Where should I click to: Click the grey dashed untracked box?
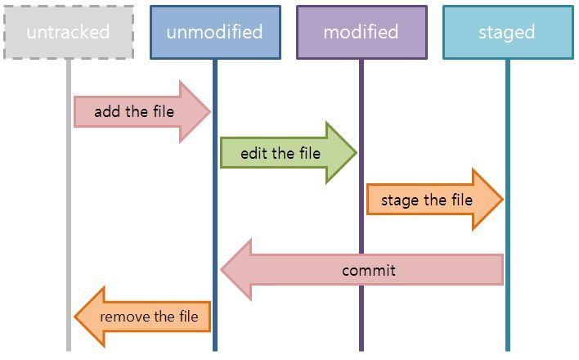68,33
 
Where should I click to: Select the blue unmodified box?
214,33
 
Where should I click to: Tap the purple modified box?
361,33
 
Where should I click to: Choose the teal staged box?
507,33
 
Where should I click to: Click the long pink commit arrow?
368,270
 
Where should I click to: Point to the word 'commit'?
369,270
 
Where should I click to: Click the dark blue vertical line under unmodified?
214,213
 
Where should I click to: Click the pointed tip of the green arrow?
356,153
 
